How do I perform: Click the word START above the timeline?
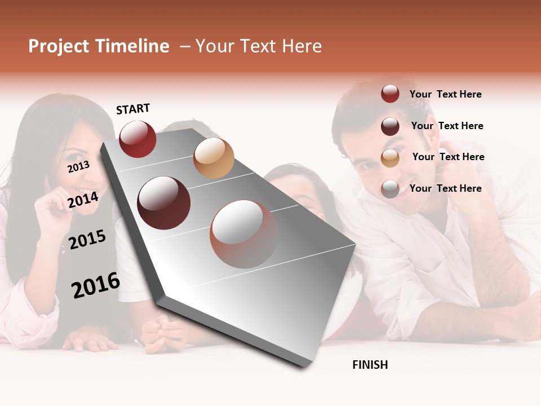tap(133, 109)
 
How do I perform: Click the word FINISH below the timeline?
tap(370, 365)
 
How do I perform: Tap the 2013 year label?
tap(78, 166)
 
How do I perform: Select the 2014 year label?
tap(83, 200)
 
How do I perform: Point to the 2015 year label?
tap(87, 240)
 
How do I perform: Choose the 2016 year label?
tap(96, 285)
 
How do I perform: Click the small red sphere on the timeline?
tap(138, 139)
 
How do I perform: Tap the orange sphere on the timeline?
tap(214, 158)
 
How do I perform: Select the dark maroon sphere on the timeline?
tap(164, 202)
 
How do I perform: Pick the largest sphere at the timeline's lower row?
tap(244, 234)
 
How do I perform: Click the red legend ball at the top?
tap(390, 94)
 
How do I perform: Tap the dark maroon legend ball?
tap(390, 126)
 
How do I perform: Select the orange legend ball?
tap(390, 158)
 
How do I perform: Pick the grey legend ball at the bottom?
tap(390, 189)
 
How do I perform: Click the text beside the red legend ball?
tap(445, 94)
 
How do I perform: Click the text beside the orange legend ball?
tap(448, 157)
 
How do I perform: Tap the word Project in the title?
tap(59, 46)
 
